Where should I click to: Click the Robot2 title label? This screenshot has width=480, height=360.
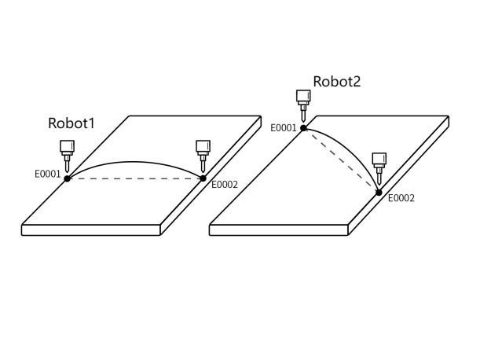(x=337, y=82)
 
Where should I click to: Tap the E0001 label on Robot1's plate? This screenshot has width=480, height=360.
(x=48, y=174)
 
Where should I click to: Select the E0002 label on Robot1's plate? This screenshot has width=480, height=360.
(x=224, y=185)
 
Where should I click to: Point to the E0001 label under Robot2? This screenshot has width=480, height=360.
(x=283, y=127)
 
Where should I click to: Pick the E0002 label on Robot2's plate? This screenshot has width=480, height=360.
(x=401, y=199)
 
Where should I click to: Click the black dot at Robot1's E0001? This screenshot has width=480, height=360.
(x=68, y=178)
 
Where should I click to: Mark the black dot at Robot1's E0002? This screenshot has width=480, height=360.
(x=203, y=178)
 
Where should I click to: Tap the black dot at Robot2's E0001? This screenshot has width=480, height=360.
(x=303, y=127)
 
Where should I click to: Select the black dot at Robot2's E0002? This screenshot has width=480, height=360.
(x=379, y=192)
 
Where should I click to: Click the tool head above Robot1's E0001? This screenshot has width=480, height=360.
(x=68, y=152)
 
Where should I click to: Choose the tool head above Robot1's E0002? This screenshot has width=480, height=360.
(x=203, y=152)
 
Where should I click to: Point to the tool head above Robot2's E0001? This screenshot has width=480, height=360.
(x=303, y=103)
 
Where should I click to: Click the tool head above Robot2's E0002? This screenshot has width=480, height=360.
(x=379, y=166)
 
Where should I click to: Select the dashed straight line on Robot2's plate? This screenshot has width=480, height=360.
(x=341, y=160)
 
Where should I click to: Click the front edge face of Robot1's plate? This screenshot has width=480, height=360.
(x=91, y=230)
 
